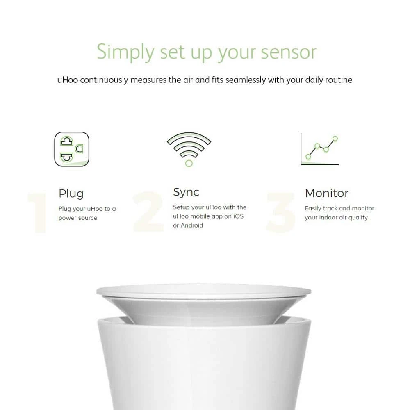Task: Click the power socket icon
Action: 72,149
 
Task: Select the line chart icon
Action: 319,150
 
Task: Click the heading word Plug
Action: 71,194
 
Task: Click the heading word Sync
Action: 186,192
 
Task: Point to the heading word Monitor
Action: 327,193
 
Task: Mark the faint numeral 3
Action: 280,212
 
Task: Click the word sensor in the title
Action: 289,52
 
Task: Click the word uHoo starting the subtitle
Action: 68,80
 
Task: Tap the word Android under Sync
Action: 191,225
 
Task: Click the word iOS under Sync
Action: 238,216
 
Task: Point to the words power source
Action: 77,218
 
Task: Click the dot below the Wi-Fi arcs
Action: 189,164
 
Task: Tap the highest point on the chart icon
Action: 335,139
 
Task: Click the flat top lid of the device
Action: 204,292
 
